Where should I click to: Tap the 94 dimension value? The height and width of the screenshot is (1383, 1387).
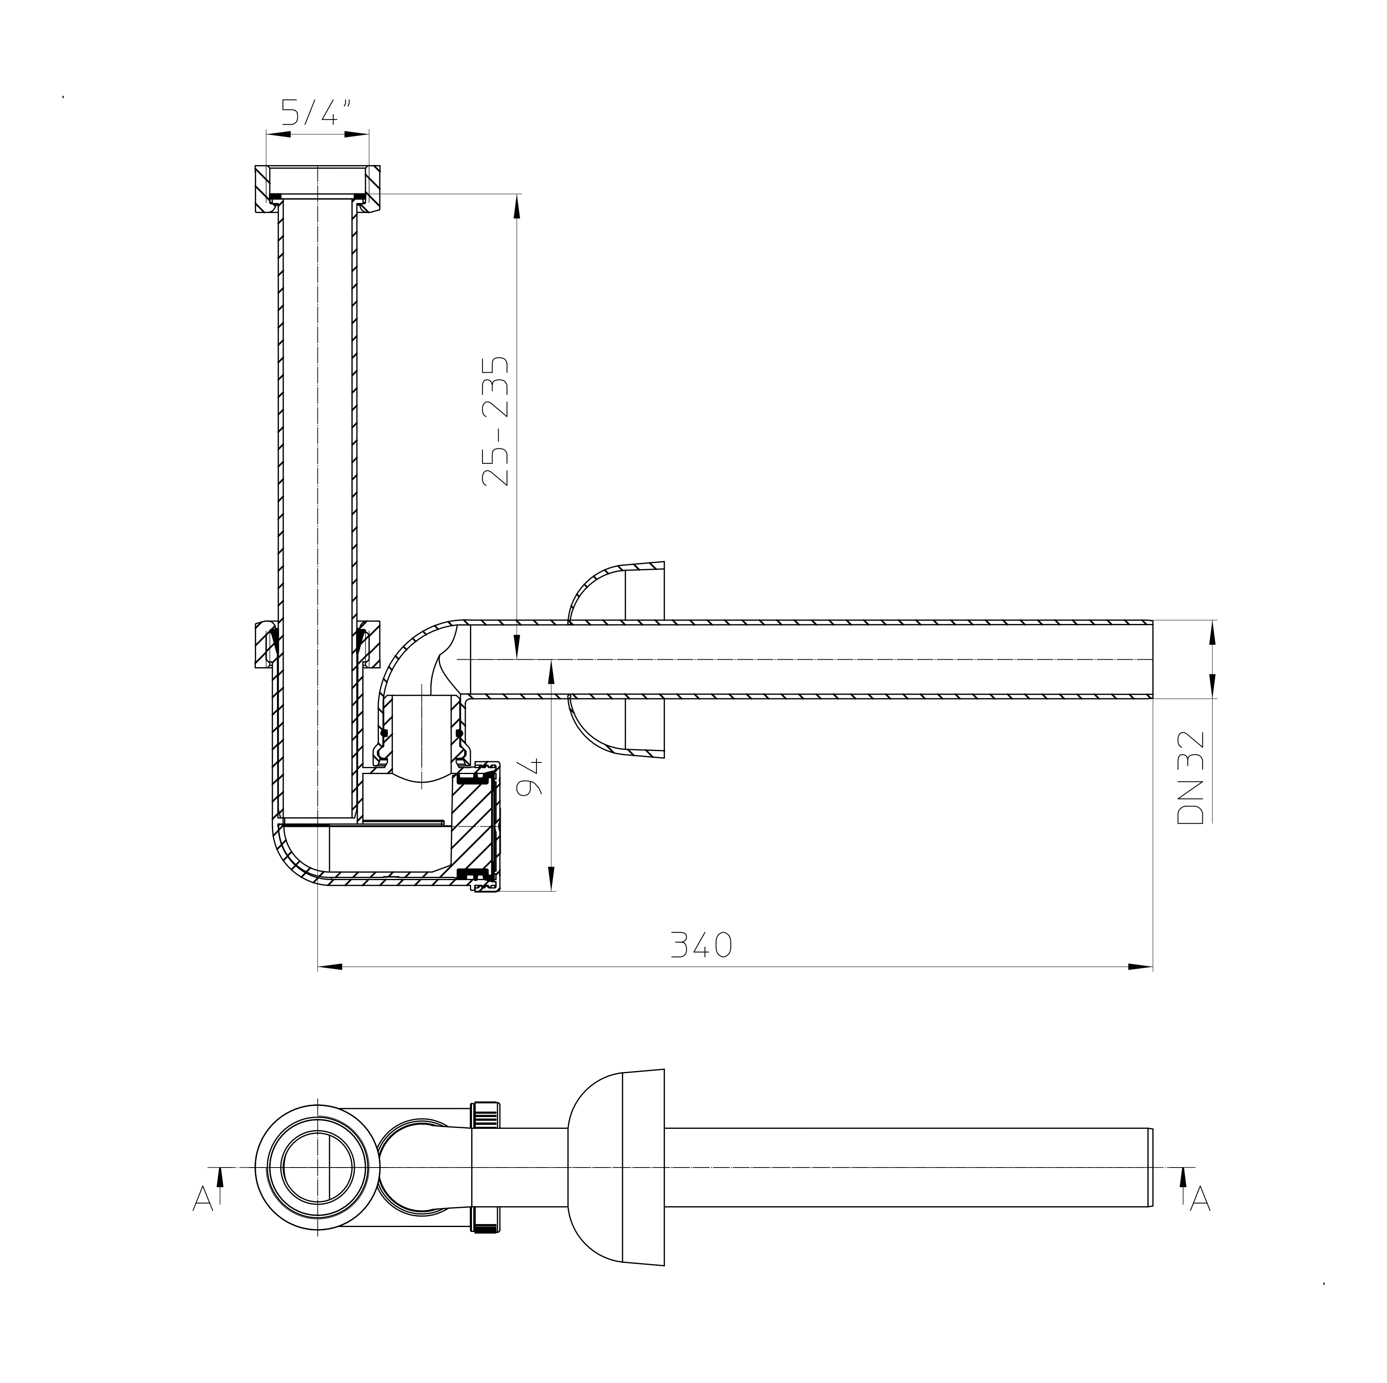point(531,777)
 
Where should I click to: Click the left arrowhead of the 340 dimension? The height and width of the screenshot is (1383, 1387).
point(329,967)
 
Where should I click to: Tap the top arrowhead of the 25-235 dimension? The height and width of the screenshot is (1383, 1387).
point(517,205)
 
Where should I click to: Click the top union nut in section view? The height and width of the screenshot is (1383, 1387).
point(316,188)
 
